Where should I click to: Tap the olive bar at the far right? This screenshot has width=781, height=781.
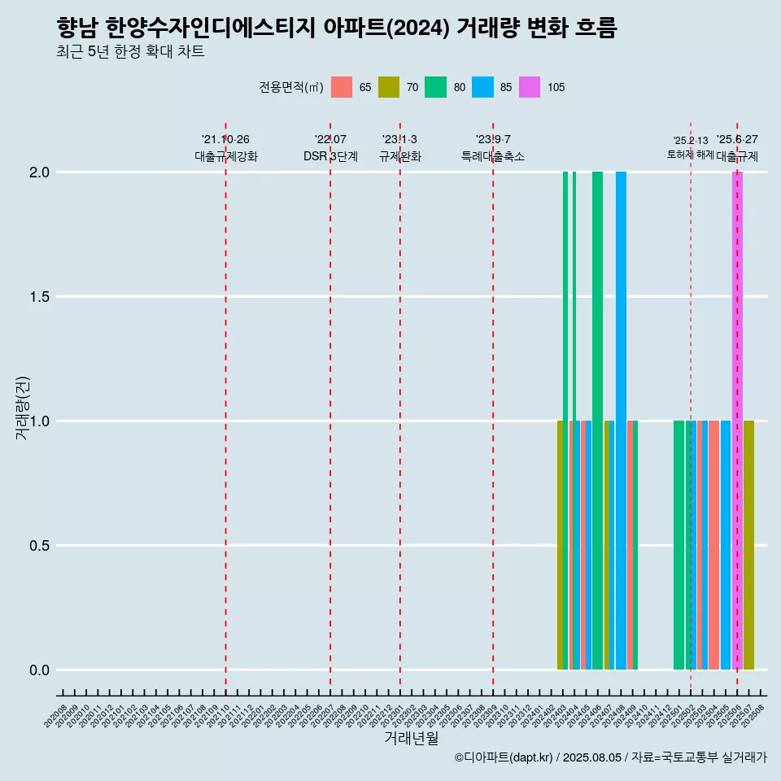click(x=748, y=545)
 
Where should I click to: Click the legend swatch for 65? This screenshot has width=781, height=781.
click(x=342, y=87)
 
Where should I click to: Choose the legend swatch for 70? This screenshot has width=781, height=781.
click(x=389, y=87)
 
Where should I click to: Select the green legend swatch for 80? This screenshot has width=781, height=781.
click(x=435, y=87)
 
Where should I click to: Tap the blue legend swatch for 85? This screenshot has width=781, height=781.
click(x=482, y=87)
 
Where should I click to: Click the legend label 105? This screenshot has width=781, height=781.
click(x=556, y=88)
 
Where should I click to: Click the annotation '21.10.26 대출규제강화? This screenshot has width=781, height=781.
click(x=225, y=148)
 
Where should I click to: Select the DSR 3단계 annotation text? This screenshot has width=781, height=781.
click(x=330, y=156)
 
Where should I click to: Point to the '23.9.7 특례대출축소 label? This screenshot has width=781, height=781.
click(x=493, y=148)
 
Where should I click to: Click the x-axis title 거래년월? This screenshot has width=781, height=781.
click(x=411, y=738)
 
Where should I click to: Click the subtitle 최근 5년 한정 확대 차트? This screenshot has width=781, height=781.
click(x=130, y=52)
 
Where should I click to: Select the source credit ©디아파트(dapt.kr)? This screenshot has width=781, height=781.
click(x=504, y=757)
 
